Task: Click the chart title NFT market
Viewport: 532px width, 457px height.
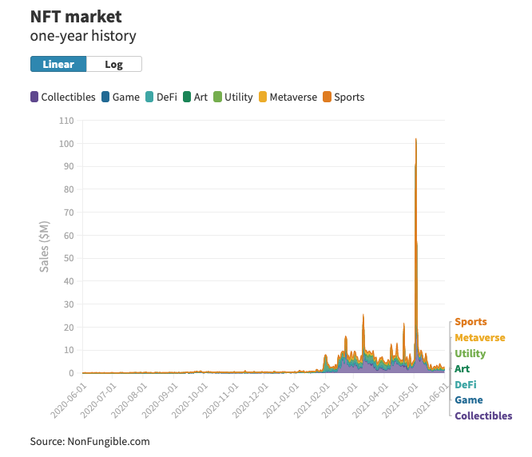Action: pyautogui.click(x=76, y=17)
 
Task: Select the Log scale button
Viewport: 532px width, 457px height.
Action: pyautogui.click(x=114, y=64)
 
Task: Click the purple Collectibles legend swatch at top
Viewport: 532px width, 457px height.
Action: pyautogui.click(x=34, y=97)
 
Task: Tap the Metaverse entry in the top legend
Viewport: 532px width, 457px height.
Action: pyautogui.click(x=288, y=97)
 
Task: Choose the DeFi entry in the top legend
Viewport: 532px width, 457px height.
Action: pyautogui.click(x=161, y=97)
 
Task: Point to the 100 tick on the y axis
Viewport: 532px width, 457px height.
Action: pyautogui.click(x=66, y=144)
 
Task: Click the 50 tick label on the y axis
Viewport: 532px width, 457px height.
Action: pyautogui.click(x=69, y=258)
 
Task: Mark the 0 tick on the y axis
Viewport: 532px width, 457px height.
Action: pyautogui.click(x=71, y=373)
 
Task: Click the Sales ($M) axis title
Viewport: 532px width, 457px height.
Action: pyautogui.click(x=45, y=247)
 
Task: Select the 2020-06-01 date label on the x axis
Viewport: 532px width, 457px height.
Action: pyautogui.click(x=69, y=400)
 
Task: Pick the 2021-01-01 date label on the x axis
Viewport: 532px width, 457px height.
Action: pyautogui.click(x=281, y=400)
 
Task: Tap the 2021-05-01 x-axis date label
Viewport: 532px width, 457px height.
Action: pyautogui.click(x=400, y=400)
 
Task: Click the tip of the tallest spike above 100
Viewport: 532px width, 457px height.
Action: pyautogui.click(x=416, y=139)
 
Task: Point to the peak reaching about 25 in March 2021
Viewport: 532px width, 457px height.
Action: pyautogui.click(x=363, y=315)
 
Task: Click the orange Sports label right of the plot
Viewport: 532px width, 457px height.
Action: pyautogui.click(x=470, y=322)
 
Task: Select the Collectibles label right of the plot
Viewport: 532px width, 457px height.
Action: pyautogui.click(x=483, y=415)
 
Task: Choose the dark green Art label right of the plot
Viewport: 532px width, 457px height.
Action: pyautogui.click(x=463, y=369)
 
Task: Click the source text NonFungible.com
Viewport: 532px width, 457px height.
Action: pyautogui.click(x=109, y=441)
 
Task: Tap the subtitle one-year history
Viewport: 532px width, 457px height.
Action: pyautogui.click(x=83, y=36)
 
